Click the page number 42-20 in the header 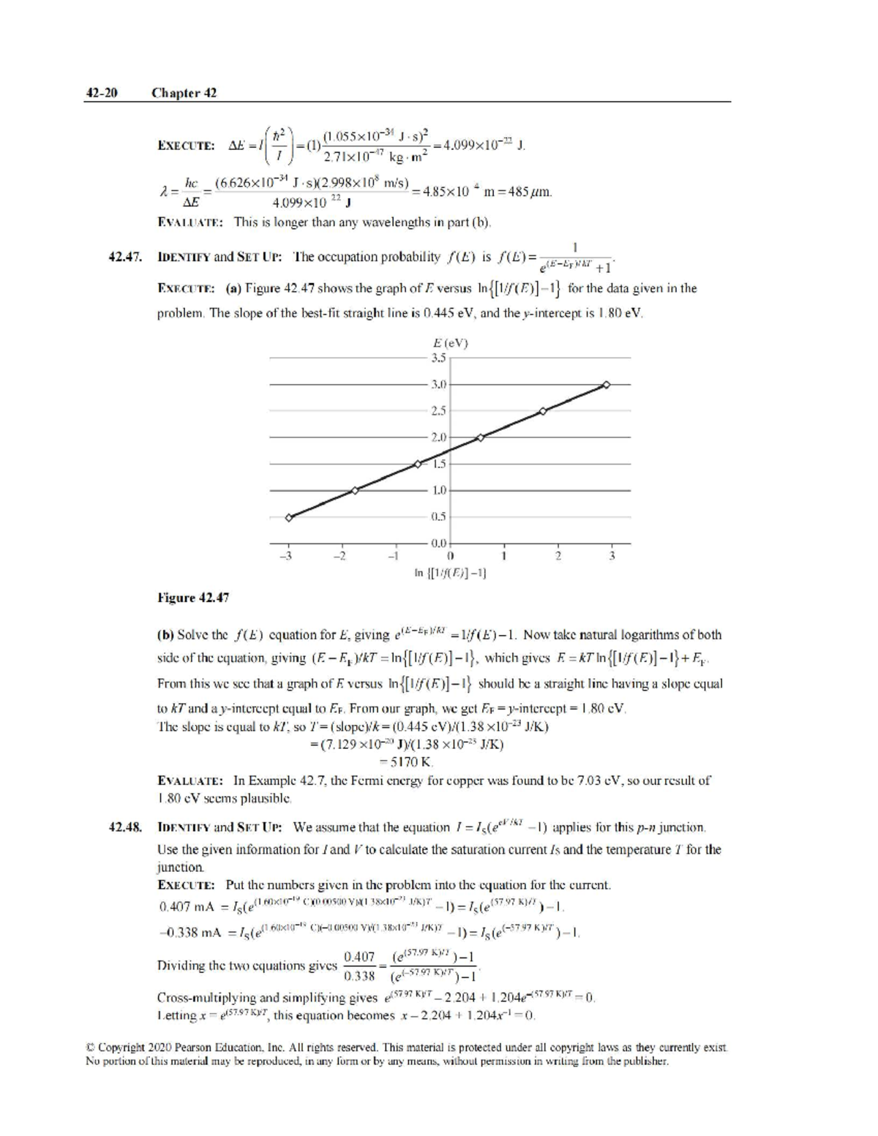point(102,93)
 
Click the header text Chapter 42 point(184,93)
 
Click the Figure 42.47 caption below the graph point(193,598)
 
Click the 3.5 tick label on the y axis point(438,358)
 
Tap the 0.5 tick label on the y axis point(438,516)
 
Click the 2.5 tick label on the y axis point(438,411)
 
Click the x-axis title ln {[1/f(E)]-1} point(451,573)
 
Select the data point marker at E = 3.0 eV point(606,384)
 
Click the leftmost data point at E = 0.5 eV point(289,517)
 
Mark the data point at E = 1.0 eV point(354,490)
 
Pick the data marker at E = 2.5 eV point(542,411)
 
